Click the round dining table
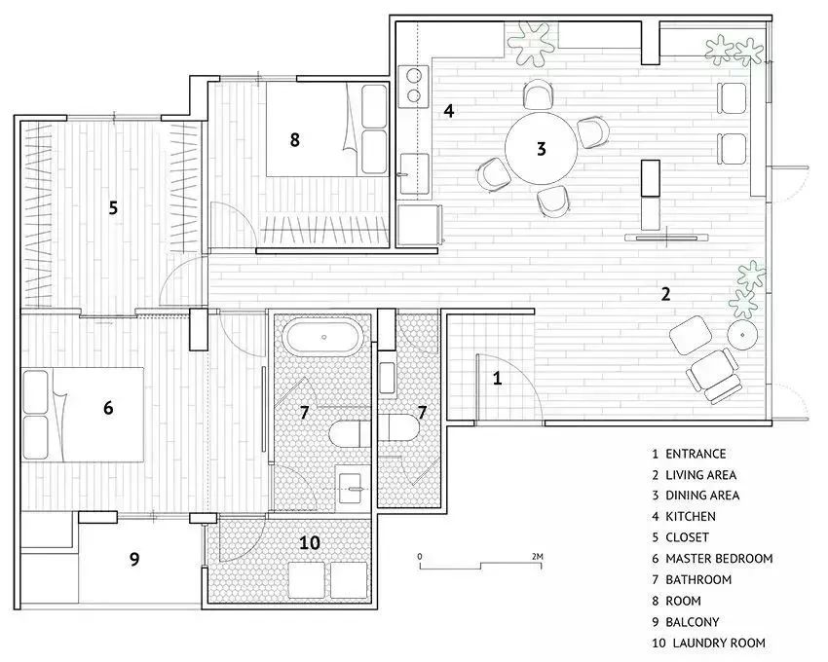tap(541, 148)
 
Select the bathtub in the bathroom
tap(323, 337)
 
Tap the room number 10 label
tap(310, 542)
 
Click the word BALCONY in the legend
tap(693, 622)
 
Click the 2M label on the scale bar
tap(538, 557)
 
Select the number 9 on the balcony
tap(134, 558)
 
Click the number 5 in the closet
tap(113, 208)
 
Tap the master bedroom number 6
tap(108, 408)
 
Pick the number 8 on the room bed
tap(294, 140)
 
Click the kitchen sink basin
tap(414, 173)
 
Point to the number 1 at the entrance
tap(497, 378)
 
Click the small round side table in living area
tap(742, 335)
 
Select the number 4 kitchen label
tap(449, 111)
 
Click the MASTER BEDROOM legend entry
tap(719, 559)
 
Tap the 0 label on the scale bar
tap(420, 557)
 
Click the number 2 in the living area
tap(666, 294)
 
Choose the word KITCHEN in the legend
tap(691, 516)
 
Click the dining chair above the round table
tap(538, 94)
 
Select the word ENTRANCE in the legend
tap(696, 454)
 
